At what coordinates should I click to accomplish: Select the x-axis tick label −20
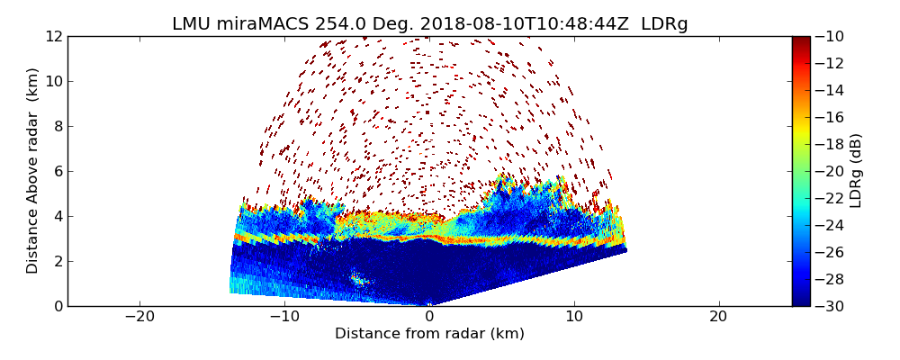pos(139,317)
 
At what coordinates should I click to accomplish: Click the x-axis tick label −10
pos(284,317)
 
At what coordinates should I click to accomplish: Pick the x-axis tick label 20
pos(718,317)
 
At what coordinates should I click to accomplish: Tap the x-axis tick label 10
pos(574,317)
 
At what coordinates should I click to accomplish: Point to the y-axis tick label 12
pos(53,36)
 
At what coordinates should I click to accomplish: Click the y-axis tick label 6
pos(57,171)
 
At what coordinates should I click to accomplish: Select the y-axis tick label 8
pos(57,126)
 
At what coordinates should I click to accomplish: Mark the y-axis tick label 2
pos(57,261)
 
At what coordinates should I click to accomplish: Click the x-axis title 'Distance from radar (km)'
pos(429,334)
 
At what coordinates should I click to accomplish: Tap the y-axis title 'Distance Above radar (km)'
pos(33,171)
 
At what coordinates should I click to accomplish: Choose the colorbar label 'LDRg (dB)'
pos(856,171)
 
